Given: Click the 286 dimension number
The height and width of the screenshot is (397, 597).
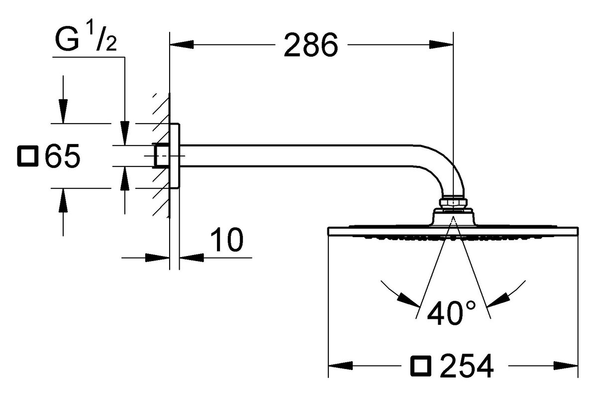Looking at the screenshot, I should click(310, 46).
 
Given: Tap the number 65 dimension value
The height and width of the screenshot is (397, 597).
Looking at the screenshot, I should click(62, 157).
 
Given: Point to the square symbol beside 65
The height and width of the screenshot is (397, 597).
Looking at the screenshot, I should click(27, 156).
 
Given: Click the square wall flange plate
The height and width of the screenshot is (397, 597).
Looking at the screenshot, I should click(175, 156).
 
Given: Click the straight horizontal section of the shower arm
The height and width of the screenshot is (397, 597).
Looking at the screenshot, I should click(298, 155).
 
